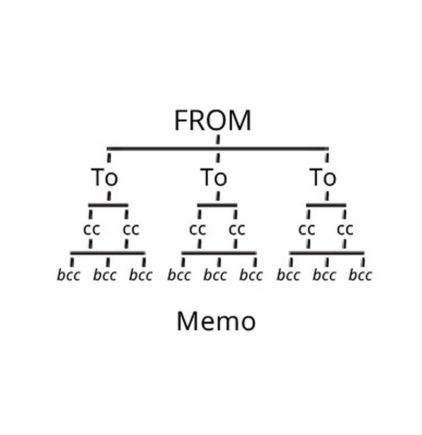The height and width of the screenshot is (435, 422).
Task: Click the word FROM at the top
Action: [x=213, y=121]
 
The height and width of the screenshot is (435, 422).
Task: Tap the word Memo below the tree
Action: [x=216, y=322]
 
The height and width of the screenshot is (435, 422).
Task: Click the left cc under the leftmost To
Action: [x=91, y=230]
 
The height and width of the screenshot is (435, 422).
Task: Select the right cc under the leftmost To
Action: [x=130, y=230]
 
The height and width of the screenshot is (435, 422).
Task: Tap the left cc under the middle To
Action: [x=198, y=230]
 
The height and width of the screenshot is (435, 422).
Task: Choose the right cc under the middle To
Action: [x=237, y=230]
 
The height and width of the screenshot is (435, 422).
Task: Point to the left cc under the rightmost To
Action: [x=307, y=230]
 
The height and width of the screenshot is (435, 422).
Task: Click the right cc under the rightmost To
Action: [x=345, y=230]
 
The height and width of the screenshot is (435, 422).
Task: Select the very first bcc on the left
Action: [x=69, y=276]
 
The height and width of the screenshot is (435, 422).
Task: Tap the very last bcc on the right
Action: [x=360, y=276]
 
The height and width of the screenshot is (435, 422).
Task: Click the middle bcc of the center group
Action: [x=215, y=276]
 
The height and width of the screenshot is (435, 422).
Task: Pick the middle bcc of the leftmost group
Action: [x=105, y=276]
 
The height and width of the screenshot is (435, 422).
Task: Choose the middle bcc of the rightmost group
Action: [x=324, y=276]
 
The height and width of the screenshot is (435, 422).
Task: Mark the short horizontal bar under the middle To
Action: [x=217, y=205]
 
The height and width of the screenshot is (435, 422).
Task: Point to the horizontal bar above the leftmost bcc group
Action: [x=108, y=253]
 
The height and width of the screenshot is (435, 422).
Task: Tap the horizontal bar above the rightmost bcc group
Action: [x=326, y=253]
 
